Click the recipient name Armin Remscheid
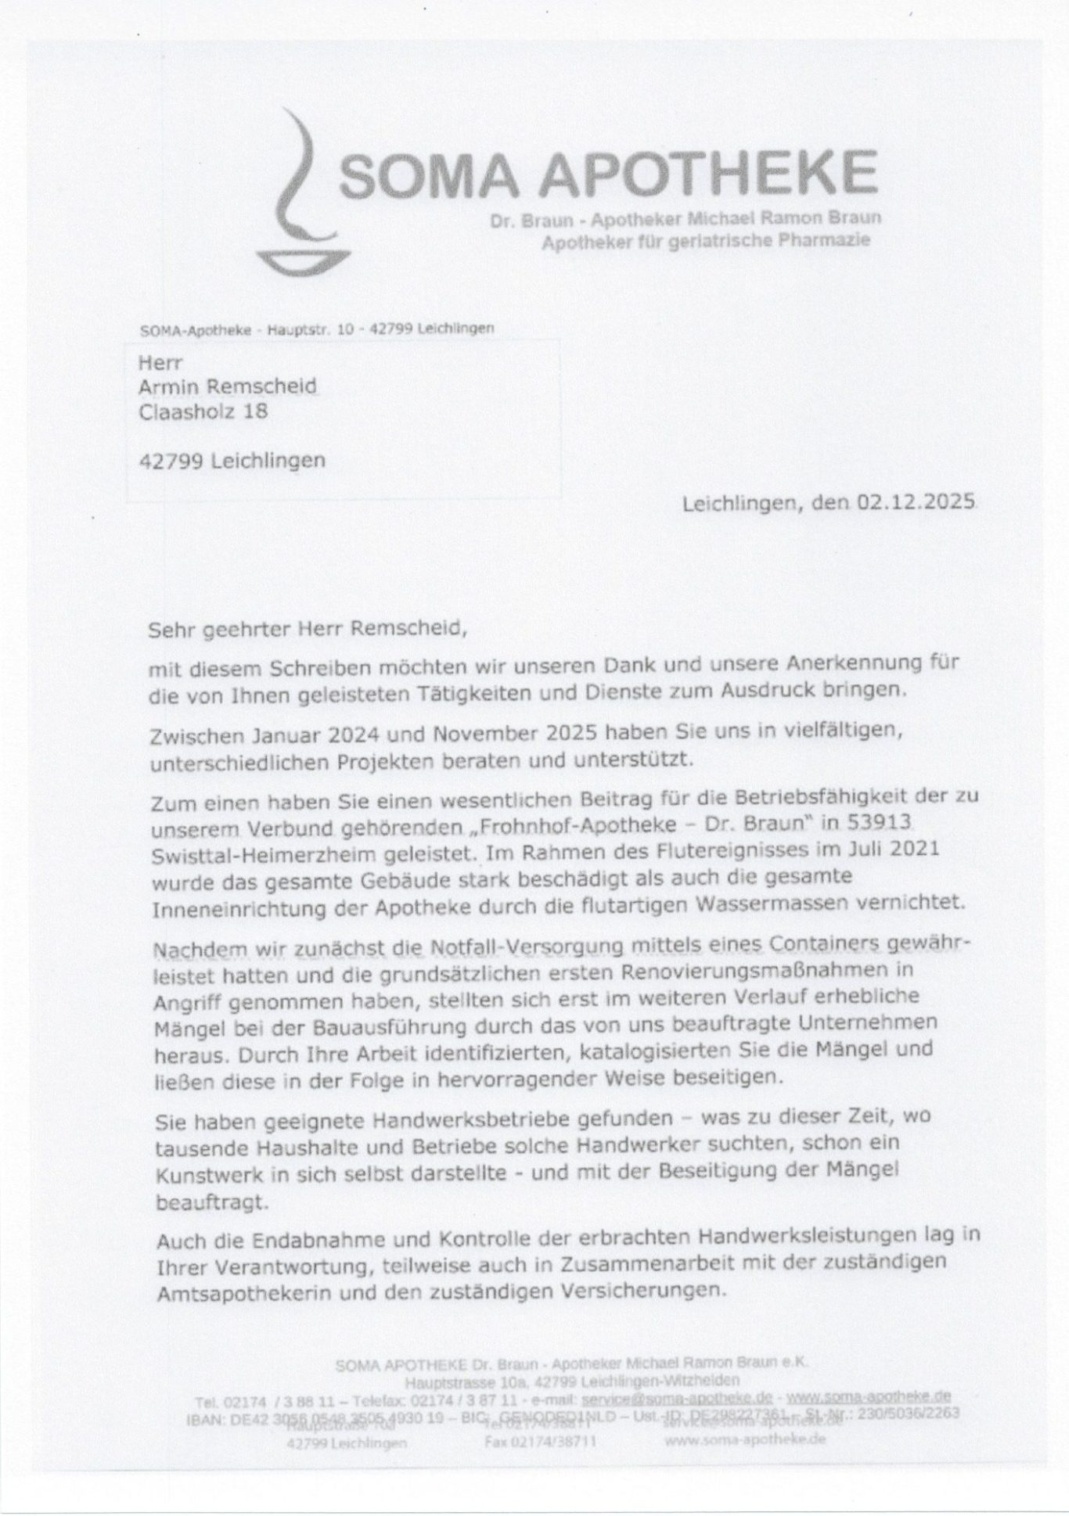228,386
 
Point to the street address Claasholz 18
203,411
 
